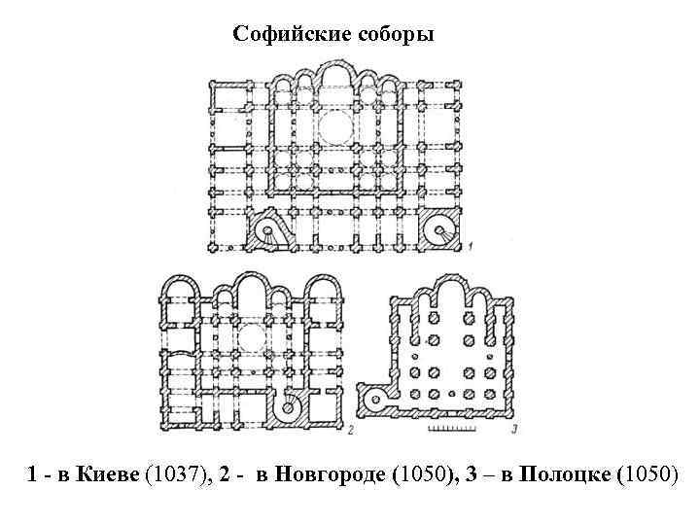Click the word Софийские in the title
[x=284, y=35]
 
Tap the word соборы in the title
[x=399, y=35]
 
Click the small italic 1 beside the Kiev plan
[x=471, y=247]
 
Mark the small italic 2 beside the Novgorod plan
[x=348, y=428]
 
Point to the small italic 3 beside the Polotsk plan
[x=512, y=428]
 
